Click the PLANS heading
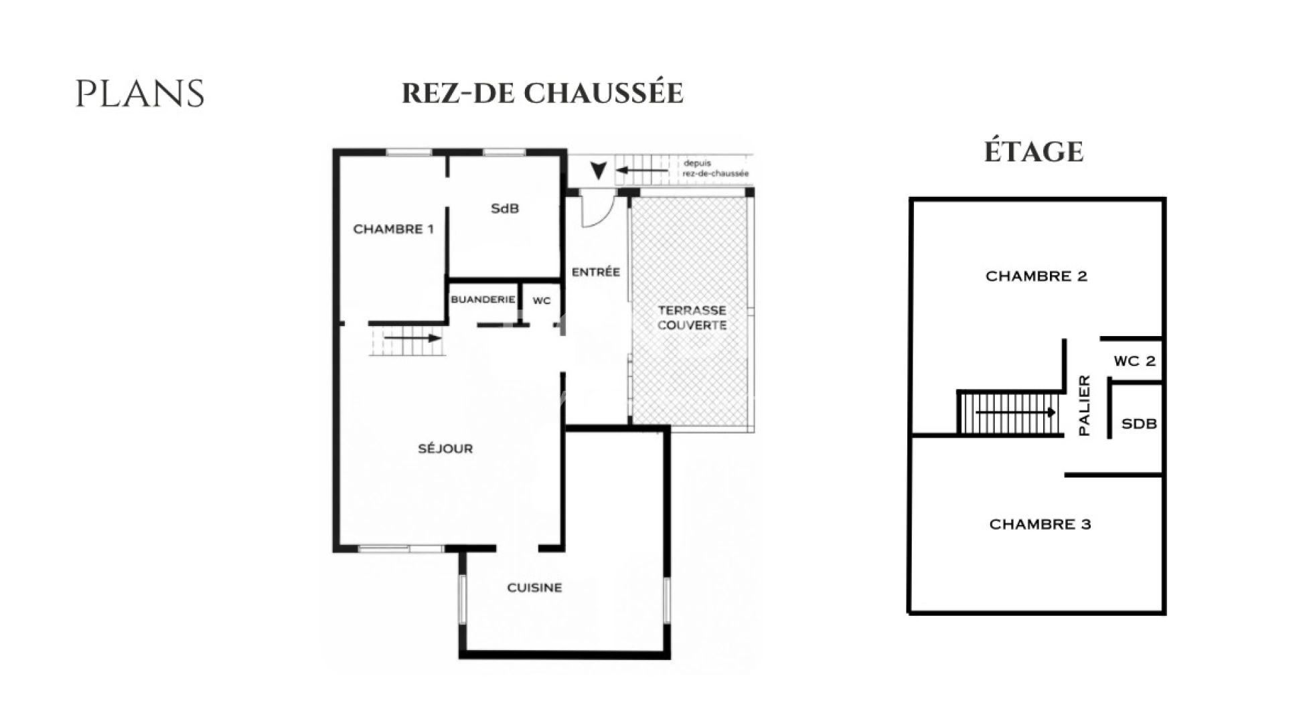tap(139, 94)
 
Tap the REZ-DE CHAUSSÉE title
tap(542, 93)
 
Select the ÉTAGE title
tap(1033, 152)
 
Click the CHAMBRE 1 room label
tap(393, 229)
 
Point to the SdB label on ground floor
tap(505, 209)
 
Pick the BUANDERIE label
tap(483, 299)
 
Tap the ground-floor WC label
tap(542, 301)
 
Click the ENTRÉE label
tap(595, 272)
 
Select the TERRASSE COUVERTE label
tap(692, 317)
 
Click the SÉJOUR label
tap(445, 449)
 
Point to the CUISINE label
tap(534, 588)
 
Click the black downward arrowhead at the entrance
tap(599, 171)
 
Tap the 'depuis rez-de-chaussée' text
tap(715, 168)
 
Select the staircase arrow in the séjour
tap(412, 338)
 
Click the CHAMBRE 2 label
tap(1036, 276)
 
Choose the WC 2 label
tap(1134, 361)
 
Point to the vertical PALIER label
tap(1084, 406)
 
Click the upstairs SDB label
tap(1138, 424)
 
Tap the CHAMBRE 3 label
tap(1040, 524)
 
